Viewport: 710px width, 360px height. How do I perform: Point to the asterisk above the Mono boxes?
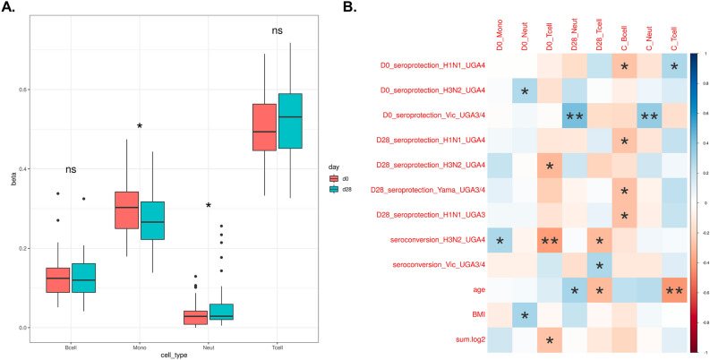pos(140,127)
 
